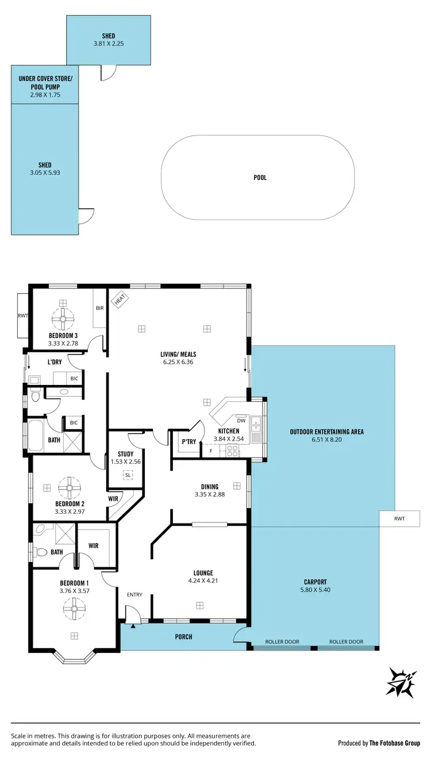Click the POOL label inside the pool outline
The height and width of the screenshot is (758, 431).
pyautogui.click(x=260, y=178)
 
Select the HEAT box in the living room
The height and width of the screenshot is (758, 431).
pyautogui.click(x=120, y=299)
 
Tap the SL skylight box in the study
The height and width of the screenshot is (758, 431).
pyautogui.click(x=127, y=475)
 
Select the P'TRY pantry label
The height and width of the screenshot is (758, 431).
pyautogui.click(x=188, y=443)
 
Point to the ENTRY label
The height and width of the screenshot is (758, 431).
pyautogui.click(x=134, y=595)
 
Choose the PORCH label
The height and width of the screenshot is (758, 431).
pyautogui.click(x=184, y=637)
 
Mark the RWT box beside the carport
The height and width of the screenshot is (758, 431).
pyautogui.click(x=399, y=518)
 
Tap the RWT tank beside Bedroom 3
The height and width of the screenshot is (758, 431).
pyautogui.click(x=22, y=315)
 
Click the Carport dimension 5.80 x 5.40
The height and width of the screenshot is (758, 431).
pyautogui.click(x=315, y=590)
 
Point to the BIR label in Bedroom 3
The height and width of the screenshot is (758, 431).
pyautogui.click(x=100, y=309)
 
